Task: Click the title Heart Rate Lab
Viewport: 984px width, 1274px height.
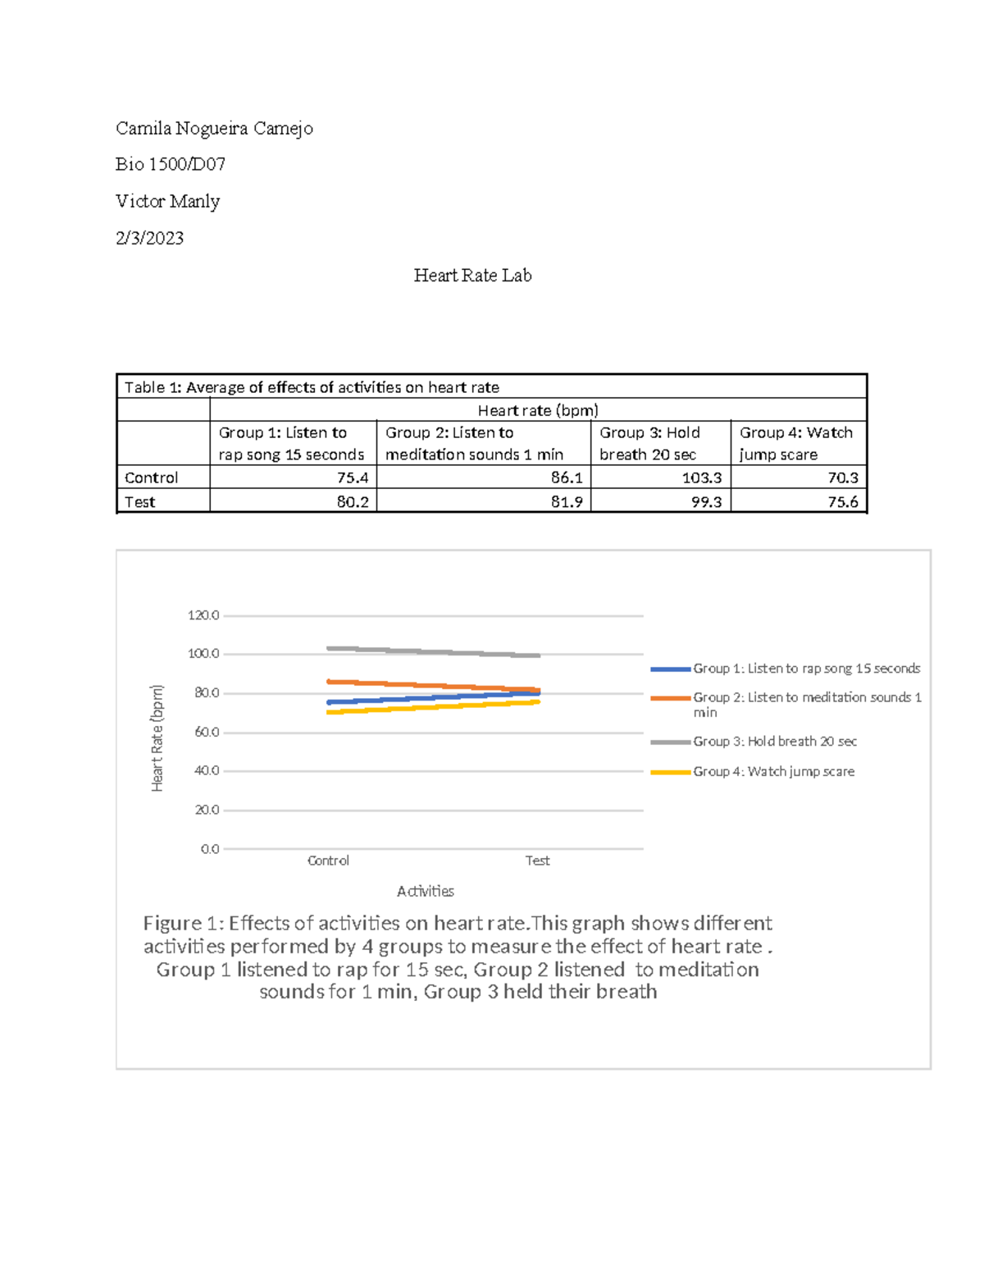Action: pos(472,276)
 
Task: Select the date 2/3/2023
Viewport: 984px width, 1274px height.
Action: pos(149,238)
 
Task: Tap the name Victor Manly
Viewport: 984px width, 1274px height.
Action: pos(167,201)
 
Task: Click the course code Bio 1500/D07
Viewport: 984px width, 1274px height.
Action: pos(171,164)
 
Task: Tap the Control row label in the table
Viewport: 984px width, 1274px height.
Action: pos(151,477)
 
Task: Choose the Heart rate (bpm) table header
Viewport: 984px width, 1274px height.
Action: pos(538,410)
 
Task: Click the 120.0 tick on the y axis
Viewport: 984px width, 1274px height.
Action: pos(203,615)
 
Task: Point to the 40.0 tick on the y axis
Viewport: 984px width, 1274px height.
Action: pos(207,771)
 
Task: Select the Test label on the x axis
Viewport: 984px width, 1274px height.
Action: pos(537,861)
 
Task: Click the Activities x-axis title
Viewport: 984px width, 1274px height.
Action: pos(425,891)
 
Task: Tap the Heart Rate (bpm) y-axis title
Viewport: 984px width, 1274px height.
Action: pos(157,738)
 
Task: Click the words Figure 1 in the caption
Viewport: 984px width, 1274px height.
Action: pos(181,924)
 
